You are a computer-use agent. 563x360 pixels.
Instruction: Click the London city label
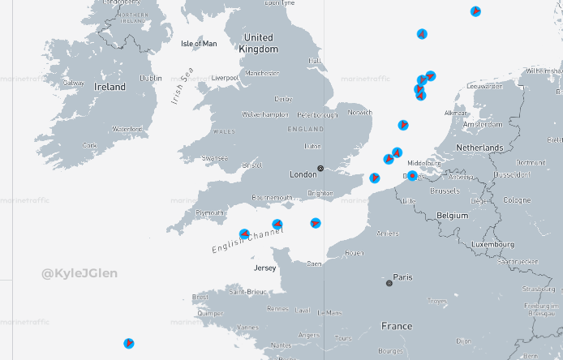[303, 174]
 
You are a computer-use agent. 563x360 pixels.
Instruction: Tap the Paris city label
[402, 277]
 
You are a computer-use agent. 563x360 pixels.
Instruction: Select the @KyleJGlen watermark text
[80, 273]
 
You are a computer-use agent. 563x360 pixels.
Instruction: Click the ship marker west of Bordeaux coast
[128, 344]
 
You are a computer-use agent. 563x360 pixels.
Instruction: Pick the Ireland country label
[110, 87]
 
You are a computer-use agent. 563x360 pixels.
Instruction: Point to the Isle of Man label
[199, 44]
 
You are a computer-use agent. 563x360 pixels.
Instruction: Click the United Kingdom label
[259, 43]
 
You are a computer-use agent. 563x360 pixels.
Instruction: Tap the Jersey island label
[265, 268]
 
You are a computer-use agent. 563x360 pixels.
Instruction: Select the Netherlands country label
[479, 148]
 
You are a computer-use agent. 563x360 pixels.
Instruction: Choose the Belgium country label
[453, 216]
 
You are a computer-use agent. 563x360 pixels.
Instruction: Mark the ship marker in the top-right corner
[475, 11]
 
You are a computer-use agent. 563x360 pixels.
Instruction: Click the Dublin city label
[151, 79]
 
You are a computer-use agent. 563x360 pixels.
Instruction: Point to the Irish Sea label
[183, 86]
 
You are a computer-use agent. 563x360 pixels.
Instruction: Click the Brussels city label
[445, 191]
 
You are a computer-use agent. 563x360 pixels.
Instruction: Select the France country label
[397, 327]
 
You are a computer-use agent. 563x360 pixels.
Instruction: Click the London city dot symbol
[320, 169]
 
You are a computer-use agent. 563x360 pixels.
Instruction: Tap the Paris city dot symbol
[389, 283]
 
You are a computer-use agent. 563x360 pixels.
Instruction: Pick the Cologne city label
[516, 200]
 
